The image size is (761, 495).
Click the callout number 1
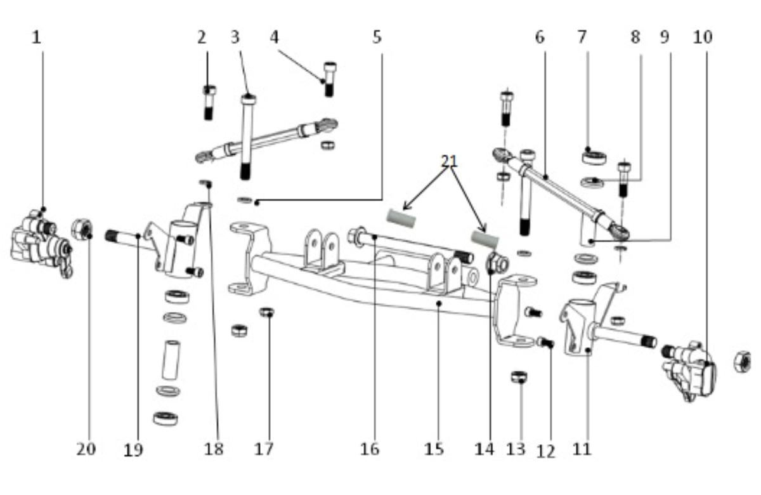[x=36, y=37]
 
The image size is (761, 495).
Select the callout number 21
[x=450, y=161]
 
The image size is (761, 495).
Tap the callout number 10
[x=703, y=37]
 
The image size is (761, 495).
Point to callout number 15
[x=434, y=449]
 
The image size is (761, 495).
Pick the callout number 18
[x=214, y=449]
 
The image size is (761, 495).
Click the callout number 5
[x=377, y=37]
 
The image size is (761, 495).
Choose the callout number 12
[x=546, y=451]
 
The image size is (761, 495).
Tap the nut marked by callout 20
[x=82, y=230]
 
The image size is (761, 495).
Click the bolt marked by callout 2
[x=209, y=103]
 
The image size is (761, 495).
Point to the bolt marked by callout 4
[x=330, y=79]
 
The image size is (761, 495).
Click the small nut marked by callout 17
[x=267, y=312]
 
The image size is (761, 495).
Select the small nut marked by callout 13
[x=519, y=377]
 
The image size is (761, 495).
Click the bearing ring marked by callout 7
[x=594, y=158]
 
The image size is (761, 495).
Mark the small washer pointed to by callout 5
[x=245, y=200]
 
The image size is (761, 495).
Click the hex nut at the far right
[x=743, y=361]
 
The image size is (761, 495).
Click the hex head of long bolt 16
[x=356, y=235]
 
